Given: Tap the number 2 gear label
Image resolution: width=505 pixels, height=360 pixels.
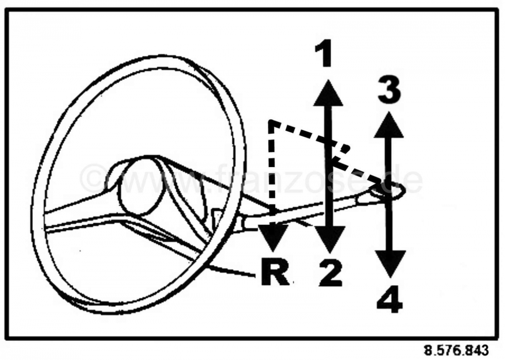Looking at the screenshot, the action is pos(330,273).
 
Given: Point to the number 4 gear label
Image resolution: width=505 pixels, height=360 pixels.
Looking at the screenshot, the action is pos(390,300).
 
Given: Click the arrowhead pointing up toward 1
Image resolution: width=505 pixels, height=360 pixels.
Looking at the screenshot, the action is pos(328,92).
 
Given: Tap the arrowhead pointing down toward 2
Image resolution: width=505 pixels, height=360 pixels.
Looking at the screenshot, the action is pos(329,239).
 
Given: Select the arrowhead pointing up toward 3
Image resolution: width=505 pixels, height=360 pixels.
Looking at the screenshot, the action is pos(389,125).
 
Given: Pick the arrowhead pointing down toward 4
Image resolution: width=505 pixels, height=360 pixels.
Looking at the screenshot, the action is pos(391,264).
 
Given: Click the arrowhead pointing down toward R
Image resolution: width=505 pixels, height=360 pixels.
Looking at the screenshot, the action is pos(273,238).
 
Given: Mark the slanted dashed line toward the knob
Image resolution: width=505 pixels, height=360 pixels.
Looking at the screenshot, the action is pos(326,152).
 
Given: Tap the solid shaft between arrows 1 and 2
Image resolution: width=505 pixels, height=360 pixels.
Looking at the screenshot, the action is pos(329,166).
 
